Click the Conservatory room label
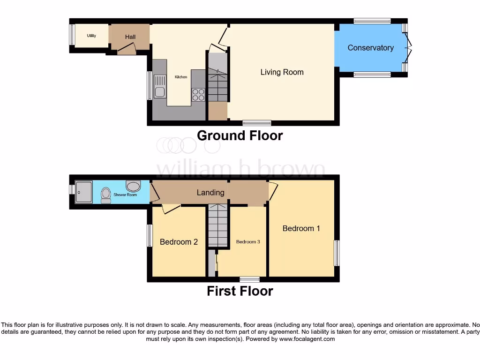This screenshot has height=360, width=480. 370,48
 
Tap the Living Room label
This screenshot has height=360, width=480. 282,72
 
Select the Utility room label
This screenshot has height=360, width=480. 91,36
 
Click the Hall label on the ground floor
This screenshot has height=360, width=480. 130,37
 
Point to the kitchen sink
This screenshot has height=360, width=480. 160,87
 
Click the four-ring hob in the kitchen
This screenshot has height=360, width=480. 198,95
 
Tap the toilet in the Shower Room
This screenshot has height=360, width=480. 105,195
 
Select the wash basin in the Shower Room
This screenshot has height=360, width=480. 133,186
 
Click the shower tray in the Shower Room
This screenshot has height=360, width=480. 84,192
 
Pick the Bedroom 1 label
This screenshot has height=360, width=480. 301,228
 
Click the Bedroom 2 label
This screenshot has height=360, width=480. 179,242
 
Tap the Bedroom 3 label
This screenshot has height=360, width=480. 247,242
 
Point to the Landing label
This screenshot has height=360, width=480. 210,192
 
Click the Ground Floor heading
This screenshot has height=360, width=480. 240,136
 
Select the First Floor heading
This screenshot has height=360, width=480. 240,291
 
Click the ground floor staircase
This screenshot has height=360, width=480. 217,84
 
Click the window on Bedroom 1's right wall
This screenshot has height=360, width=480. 337,253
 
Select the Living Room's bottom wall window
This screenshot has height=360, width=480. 257,123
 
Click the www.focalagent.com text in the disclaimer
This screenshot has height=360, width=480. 307,339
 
